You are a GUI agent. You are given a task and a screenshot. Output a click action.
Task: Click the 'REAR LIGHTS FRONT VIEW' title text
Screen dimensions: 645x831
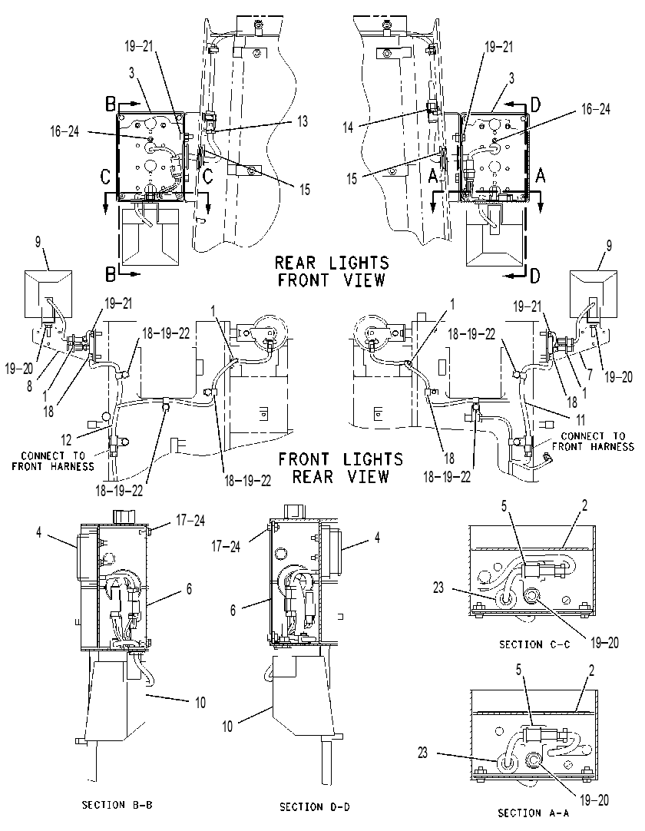[x=332, y=271]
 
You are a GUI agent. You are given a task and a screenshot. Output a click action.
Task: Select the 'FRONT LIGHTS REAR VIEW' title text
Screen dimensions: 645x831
[x=341, y=468]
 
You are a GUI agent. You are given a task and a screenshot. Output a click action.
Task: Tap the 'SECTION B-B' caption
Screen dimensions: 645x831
[x=117, y=804]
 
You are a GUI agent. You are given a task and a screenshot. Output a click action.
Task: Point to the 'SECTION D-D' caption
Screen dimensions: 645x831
[x=315, y=806]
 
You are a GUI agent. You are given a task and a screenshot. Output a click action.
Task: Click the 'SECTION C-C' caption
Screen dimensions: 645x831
[x=534, y=644]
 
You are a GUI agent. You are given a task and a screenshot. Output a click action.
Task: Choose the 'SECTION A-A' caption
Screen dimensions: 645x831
[x=533, y=813]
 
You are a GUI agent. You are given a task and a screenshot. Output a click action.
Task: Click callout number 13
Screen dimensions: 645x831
[x=302, y=121]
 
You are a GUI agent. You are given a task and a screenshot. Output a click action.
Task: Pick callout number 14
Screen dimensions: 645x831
[x=348, y=127]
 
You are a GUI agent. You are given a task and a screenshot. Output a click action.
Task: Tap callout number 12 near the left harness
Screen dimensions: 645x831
[x=66, y=439]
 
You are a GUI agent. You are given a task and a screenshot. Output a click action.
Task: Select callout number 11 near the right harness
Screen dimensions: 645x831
[x=580, y=420]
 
